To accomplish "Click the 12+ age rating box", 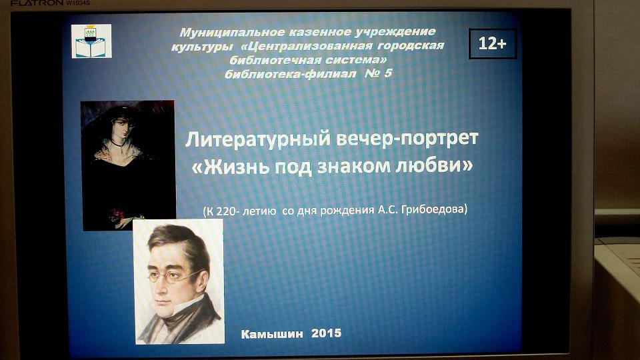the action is pos(493,44).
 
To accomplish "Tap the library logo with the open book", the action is pos(91,41).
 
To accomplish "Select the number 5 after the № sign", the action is pos(387,73).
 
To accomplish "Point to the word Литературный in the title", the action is pos(258,139).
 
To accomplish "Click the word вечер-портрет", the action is pos(407,139).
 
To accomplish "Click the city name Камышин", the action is pos(272,334).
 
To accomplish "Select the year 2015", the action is pos(326,333).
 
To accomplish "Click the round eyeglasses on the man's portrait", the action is pos(176,276).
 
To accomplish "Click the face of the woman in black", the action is pos(122,127).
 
